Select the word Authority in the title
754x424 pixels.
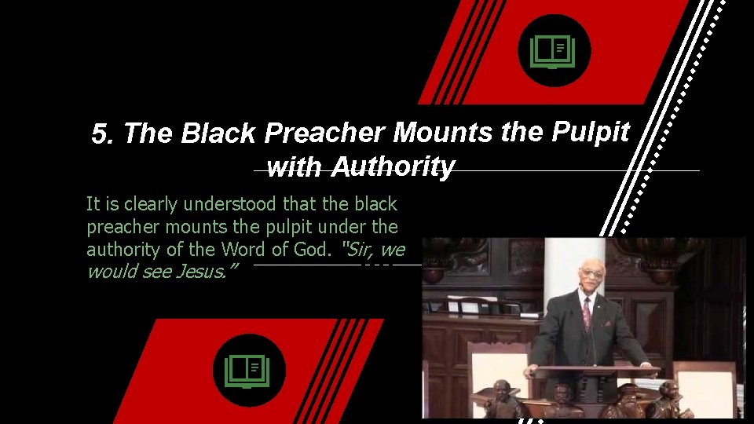(x=393, y=166)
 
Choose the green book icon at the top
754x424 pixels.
(x=553, y=52)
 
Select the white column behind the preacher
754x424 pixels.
(x=563, y=271)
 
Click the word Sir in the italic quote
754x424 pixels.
(x=357, y=250)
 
